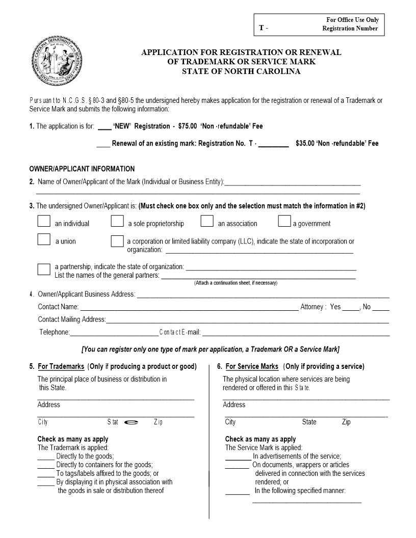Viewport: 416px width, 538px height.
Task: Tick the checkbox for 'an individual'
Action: [x=44, y=221]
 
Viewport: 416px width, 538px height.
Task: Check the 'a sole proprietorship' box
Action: [x=117, y=221]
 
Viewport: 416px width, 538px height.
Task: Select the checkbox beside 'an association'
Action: [x=206, y=221]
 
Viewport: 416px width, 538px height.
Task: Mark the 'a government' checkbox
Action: [x=284, y=221]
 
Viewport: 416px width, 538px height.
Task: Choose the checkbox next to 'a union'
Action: [x=44, y=239]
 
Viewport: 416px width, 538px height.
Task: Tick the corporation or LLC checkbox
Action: [x=117, y=241]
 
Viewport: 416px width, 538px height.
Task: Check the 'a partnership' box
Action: [x=44, y=268]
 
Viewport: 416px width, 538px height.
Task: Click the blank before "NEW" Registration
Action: [x=105, y=127]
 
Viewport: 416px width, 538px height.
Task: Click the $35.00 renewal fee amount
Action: [x=305, y=143]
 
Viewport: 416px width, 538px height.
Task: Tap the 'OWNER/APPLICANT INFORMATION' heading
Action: [x=82, y=169]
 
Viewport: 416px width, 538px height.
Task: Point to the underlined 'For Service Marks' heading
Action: [x=252, y=366]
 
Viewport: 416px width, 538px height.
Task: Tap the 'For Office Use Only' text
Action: [x=352, y=20]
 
